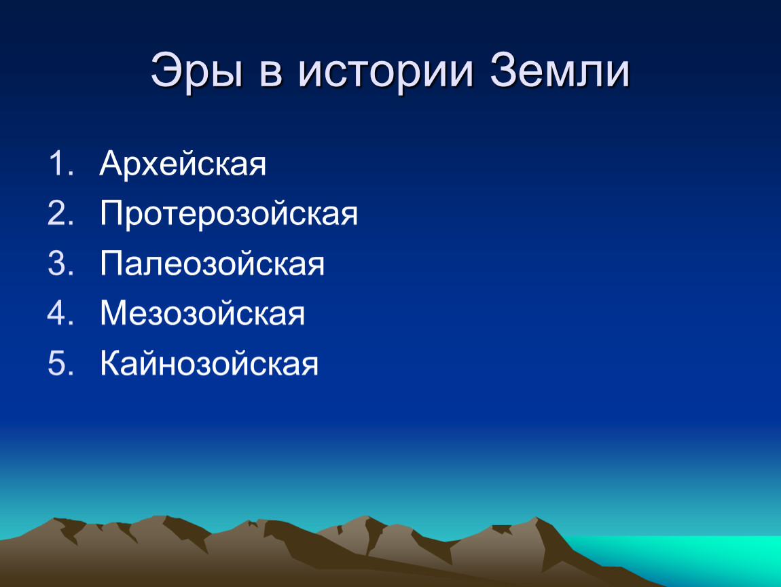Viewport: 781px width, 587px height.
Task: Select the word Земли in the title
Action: click(x=560, y=71)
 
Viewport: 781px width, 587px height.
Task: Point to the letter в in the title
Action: click(x=272, y=73)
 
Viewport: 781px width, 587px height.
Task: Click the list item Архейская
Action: click(x=183, y=163)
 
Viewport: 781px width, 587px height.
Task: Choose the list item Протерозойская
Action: click(x=229, y=214)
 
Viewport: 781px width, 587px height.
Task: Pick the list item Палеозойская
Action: click(x=212, y=263)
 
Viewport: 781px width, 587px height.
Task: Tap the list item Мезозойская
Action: click(x=202, y=313)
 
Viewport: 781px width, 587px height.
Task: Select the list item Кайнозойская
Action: click(x=209, y=362)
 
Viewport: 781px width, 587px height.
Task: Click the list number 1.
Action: click(x=60, y=163)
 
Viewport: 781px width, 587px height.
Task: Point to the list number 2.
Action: click(x=60, y=213)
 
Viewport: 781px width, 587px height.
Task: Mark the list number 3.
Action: click(x=60, y=263)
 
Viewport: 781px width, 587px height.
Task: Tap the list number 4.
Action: click(x=60, y=313)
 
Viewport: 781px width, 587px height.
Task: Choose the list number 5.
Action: click(x=60, y=362)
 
